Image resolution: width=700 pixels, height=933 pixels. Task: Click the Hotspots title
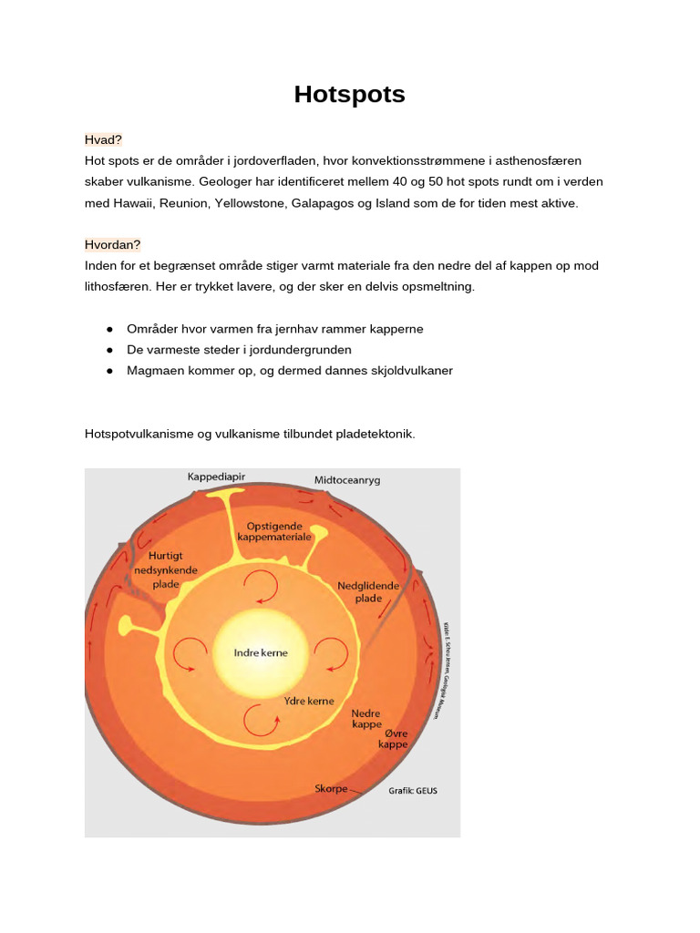click(x=349, y=95)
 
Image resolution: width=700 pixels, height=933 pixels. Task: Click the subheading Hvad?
click(x=103, y=139)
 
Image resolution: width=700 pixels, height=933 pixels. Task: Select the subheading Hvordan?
click(x=113, y=245)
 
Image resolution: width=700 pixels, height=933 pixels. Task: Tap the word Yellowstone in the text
click(x=248, y=203)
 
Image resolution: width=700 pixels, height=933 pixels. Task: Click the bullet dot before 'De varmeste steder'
click(x=109, y=350)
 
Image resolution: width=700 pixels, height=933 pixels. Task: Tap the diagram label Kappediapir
click(x=216, y=477)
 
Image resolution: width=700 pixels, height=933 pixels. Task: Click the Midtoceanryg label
click(x=346, y=479)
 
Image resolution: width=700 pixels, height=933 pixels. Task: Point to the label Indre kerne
click(x=261, y=653)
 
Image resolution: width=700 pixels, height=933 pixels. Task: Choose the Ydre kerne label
click(x=310, y=701)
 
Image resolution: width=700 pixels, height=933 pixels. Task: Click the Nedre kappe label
click(x=365, y=720)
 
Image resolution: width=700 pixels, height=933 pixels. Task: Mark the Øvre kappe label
click(x=393, y=738)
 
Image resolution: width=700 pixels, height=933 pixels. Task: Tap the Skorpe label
click(x=331, y=788)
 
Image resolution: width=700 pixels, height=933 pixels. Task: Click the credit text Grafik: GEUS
click(x=413, y=791)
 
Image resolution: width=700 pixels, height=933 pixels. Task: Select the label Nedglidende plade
click(x=368, y=592)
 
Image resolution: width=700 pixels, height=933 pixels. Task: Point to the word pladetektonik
click(x=376, y=435)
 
